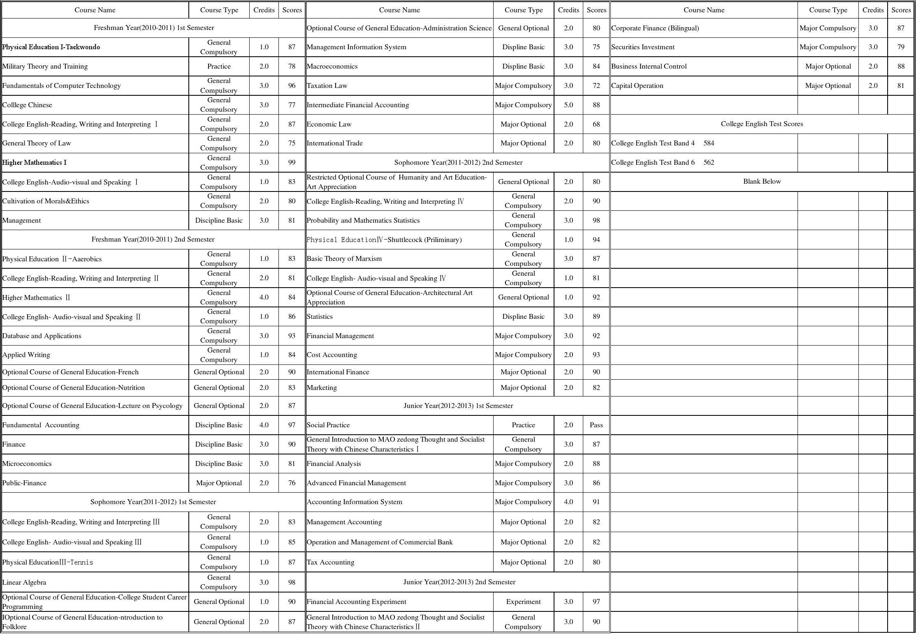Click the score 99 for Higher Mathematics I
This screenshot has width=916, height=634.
tap(292, 163)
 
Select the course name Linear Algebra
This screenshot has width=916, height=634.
tap(24, 582)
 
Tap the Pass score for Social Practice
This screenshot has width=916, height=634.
tap(596, 425)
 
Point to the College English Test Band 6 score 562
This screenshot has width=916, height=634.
tap(709, 163)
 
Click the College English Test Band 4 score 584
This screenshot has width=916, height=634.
tap(709, 143)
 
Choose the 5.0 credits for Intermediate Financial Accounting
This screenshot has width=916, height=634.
tap(568, 105)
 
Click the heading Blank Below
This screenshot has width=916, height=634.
tap(762, 182)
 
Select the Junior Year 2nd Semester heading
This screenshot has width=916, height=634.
tap(459, 582)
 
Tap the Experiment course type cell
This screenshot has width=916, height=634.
tap(523, 602)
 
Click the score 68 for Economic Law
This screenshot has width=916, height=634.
tap(596, 124)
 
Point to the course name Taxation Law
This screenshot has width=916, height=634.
tap(327, 86)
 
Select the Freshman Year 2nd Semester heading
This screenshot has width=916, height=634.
tap(153, 240)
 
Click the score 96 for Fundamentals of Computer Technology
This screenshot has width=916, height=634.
tap(292, 86)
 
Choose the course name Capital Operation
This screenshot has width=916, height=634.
tap(637, 86)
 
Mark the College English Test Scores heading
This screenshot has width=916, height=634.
tap(762, 124)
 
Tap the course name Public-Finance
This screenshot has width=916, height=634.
tap(24, 483)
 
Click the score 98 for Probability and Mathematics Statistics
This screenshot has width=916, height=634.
tap(596, 221)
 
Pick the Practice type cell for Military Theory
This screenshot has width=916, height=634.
tap(219, 67)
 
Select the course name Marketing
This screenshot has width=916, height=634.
tap(322, 388)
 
